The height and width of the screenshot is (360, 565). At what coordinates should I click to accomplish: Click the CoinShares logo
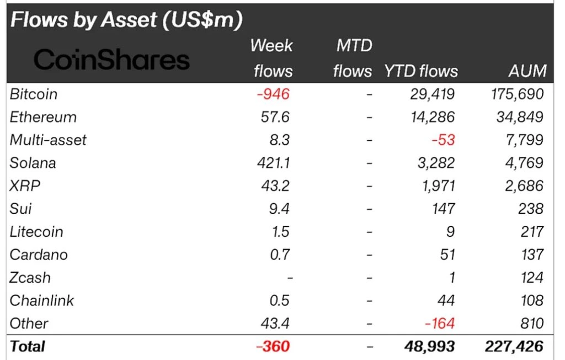click(111, 59)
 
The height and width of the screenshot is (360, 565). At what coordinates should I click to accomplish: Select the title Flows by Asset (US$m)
click(126, 20)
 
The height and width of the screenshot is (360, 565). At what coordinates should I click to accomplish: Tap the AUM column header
click(528, 71)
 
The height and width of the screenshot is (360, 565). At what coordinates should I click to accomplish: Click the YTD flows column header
click(421, 71)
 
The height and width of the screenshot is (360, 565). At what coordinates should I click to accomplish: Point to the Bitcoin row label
click(34, 94)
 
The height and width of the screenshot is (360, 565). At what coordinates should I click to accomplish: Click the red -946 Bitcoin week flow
click(273, 94)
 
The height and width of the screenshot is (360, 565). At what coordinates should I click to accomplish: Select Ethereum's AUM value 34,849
click(518, 117)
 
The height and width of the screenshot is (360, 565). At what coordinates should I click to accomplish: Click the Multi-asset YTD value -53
click(443, 140)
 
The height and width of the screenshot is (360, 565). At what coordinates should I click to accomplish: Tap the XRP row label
click(25, 186)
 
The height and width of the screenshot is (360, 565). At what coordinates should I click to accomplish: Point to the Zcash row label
click(30, 277)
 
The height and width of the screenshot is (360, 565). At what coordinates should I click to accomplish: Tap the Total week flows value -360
click(273, 347)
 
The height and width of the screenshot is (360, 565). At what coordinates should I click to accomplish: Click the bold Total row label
click(27, 347)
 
